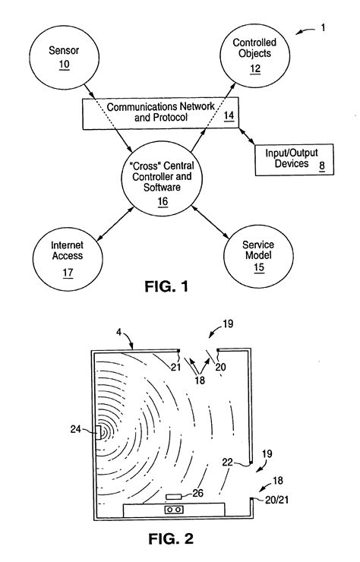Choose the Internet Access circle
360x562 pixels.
(x=67, y=259)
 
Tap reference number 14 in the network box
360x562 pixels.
(x=228, y=116)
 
